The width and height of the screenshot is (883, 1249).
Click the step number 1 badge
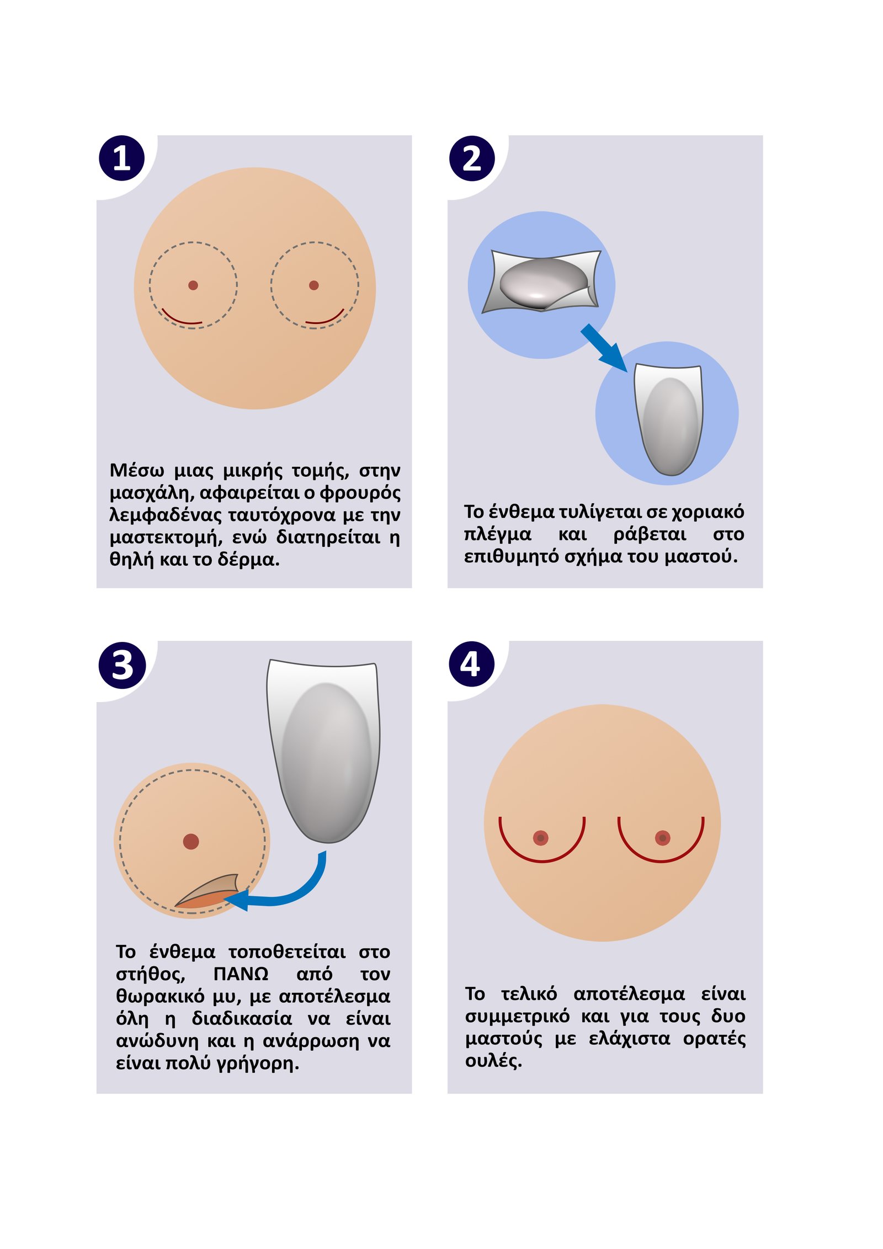[x=121, y=158]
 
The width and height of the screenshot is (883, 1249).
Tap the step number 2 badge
[x=472, y=158]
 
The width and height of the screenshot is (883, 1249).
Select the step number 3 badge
[x=122, y=665]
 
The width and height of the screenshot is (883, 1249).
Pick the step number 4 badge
[x=472, y=664]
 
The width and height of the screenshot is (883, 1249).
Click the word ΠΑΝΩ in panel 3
[x=241, y=974]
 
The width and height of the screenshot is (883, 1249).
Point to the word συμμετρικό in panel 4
[x=517, y=1017]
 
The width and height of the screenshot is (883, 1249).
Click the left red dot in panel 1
[x=193, y=285]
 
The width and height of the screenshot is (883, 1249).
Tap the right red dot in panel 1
[x=314, y=285]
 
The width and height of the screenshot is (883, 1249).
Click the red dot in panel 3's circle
[x=191, y=842]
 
